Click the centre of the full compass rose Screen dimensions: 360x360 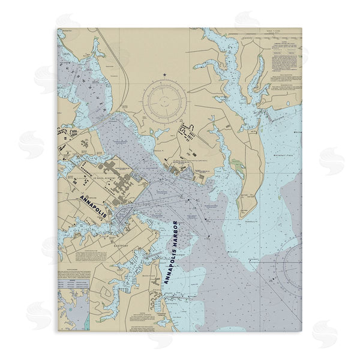164,98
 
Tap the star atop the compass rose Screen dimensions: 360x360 164,74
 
